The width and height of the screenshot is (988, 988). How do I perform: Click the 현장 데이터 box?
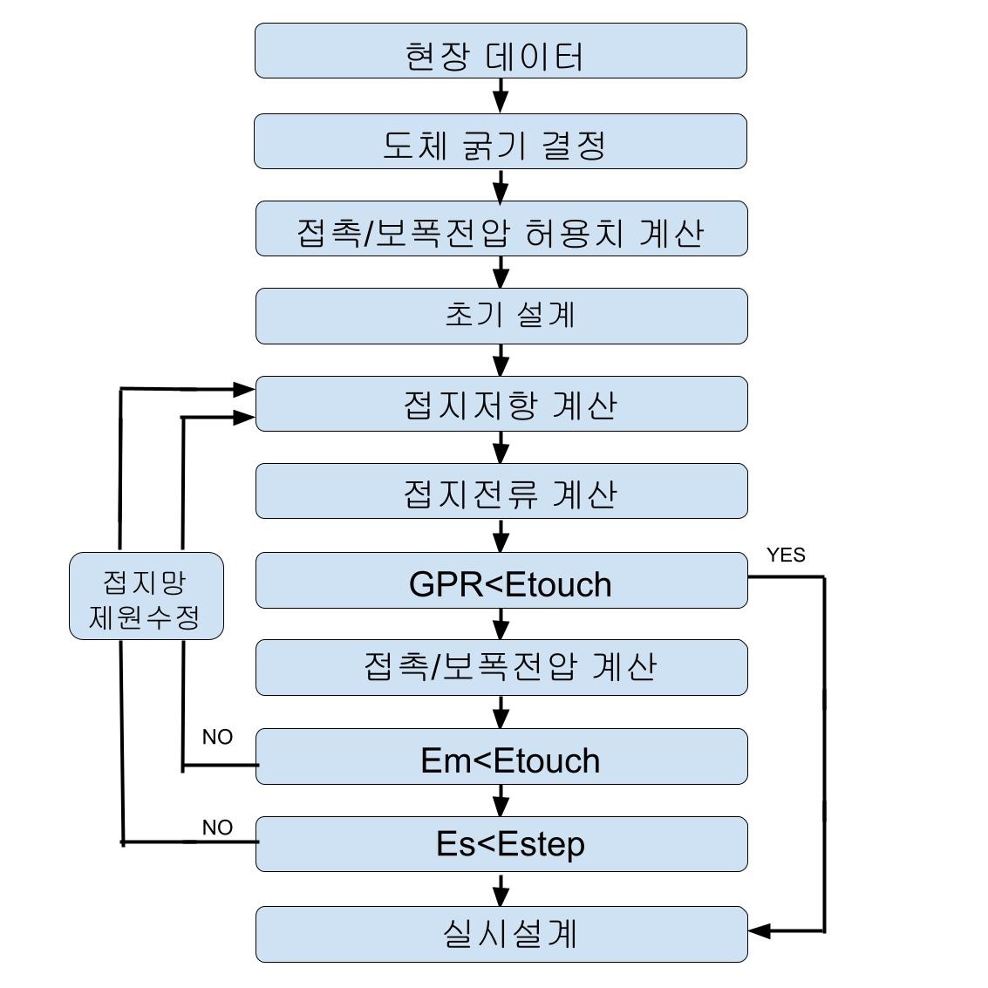[501, 51]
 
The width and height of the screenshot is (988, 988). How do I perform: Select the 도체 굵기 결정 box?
[501, 141]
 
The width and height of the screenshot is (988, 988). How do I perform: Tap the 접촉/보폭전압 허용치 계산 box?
[501, 229]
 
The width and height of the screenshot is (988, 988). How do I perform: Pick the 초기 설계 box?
[501, 316]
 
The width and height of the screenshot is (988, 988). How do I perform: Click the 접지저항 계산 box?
[501, 404]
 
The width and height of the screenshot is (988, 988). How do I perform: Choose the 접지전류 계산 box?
[501, 492]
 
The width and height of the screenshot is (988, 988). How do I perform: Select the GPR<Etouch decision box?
[501, 581]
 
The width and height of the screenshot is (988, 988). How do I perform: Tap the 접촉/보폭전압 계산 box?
[501, 667]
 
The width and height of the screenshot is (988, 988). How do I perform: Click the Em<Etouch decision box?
[501, 757]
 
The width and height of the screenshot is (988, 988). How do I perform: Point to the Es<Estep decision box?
[501, 844]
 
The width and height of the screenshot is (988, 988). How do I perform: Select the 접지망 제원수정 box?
[146, 596]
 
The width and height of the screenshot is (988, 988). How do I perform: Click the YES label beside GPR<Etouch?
[786, 555]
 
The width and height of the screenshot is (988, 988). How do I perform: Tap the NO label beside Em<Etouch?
[217, 738]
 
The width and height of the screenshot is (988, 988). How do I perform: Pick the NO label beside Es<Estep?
[217, 828]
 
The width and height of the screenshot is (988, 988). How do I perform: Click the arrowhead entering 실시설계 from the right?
[760, 931]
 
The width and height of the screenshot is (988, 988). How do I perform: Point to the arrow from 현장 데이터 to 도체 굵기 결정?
[501, 95]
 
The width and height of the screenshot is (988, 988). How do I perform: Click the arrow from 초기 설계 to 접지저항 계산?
[501, 359]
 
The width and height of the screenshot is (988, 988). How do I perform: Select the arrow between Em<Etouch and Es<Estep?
[501, 800]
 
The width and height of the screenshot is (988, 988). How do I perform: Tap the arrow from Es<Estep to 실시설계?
[501, 889]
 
